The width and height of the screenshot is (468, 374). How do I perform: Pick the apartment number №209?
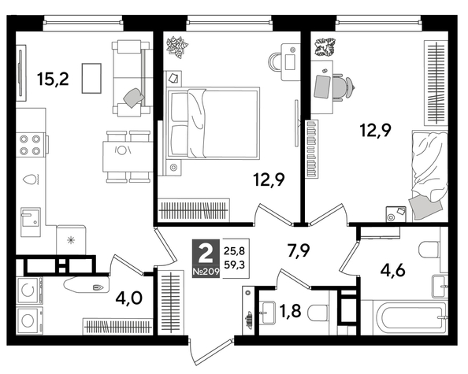(x=206, y=272)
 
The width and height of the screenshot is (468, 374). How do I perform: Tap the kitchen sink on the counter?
(x=32, y=217)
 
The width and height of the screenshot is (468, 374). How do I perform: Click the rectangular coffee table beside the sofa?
(x=91, y=77)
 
